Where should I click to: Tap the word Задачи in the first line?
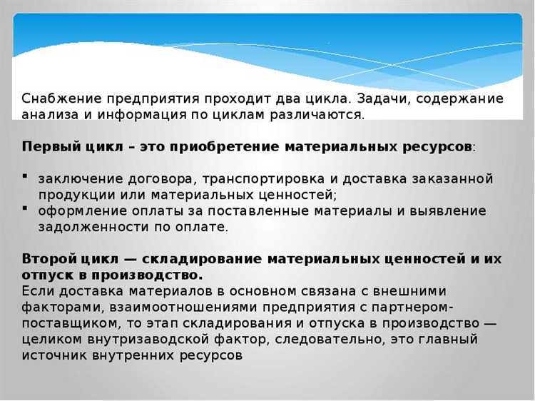tap(388, 98)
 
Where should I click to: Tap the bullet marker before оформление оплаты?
tap(25, 210)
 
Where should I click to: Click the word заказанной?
tap(454, 178)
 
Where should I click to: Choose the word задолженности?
tap(88, 227)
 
